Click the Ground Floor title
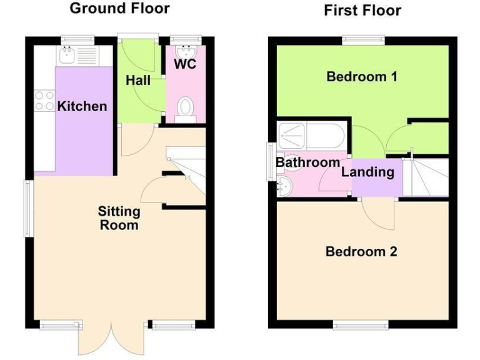click(x=119, y=9)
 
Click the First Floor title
click(x=362, y=10)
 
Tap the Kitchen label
click(x=82, y=106)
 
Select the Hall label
click(x=137, y=81)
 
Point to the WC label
click(x=185, y=64)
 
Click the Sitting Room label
click(x=119, y=218)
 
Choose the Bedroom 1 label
click(x=362, y=77)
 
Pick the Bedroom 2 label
click(x=361, y=252)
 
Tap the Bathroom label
click(x=308, y=162)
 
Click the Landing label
click(x=367, y=172)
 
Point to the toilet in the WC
click(x=185, y=109)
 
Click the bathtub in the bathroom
click(x=310, y=136)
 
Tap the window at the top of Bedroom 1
click(x=362, y=40)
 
